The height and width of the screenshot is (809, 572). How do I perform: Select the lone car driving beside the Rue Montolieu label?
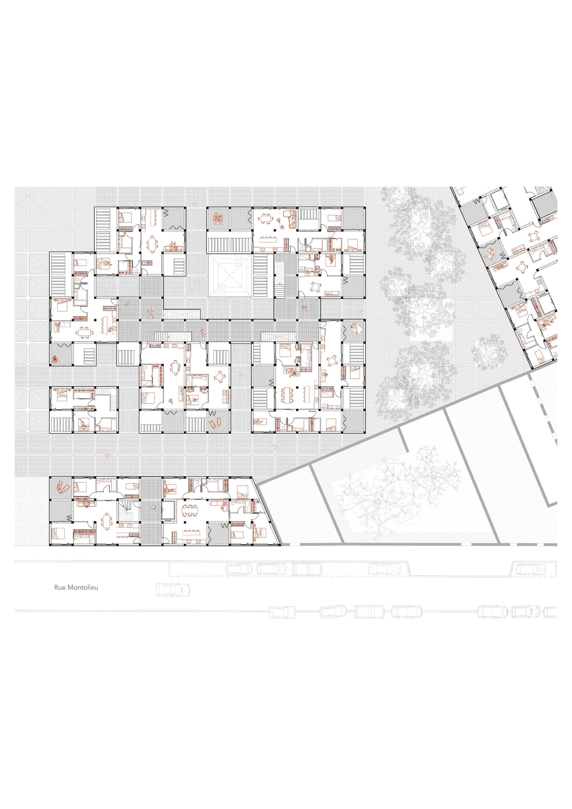(173, 590)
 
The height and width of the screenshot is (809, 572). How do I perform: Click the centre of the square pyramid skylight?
(230, 275)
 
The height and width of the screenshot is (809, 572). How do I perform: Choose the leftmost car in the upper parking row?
(239, 569)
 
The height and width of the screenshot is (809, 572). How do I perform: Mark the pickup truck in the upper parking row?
(307, 569)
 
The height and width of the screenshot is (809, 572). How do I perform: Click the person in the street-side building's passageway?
(154, 507)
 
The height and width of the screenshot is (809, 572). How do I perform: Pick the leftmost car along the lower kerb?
(282, 612)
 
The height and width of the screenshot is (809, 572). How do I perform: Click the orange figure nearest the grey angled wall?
(275, 447)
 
